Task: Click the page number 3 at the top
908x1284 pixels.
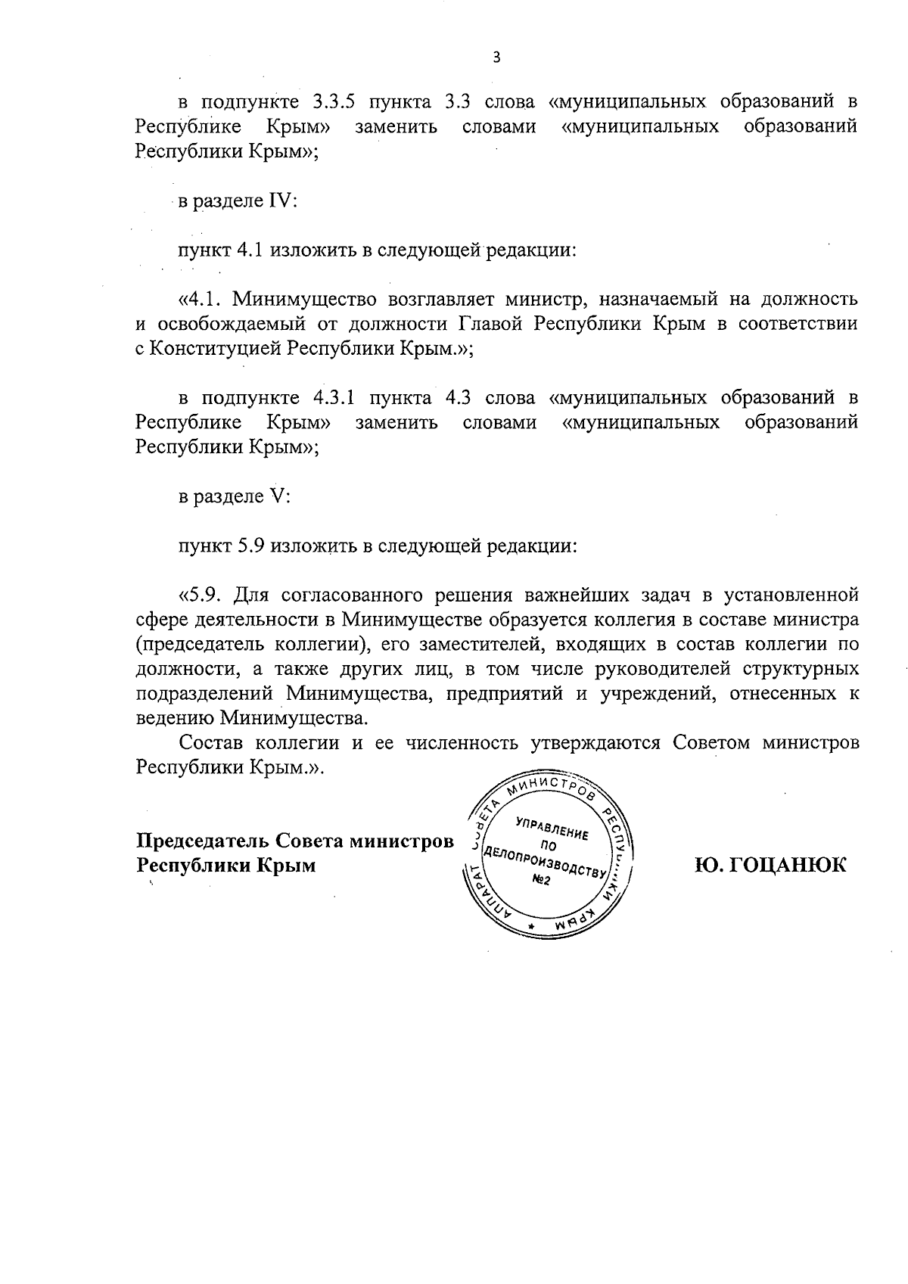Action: (x=496, y=58)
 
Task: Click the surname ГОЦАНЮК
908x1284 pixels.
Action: (x=770, y=864)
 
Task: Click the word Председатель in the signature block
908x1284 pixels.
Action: (x=202, y=841)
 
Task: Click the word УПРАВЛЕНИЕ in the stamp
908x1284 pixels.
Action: (x=551, y=829)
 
